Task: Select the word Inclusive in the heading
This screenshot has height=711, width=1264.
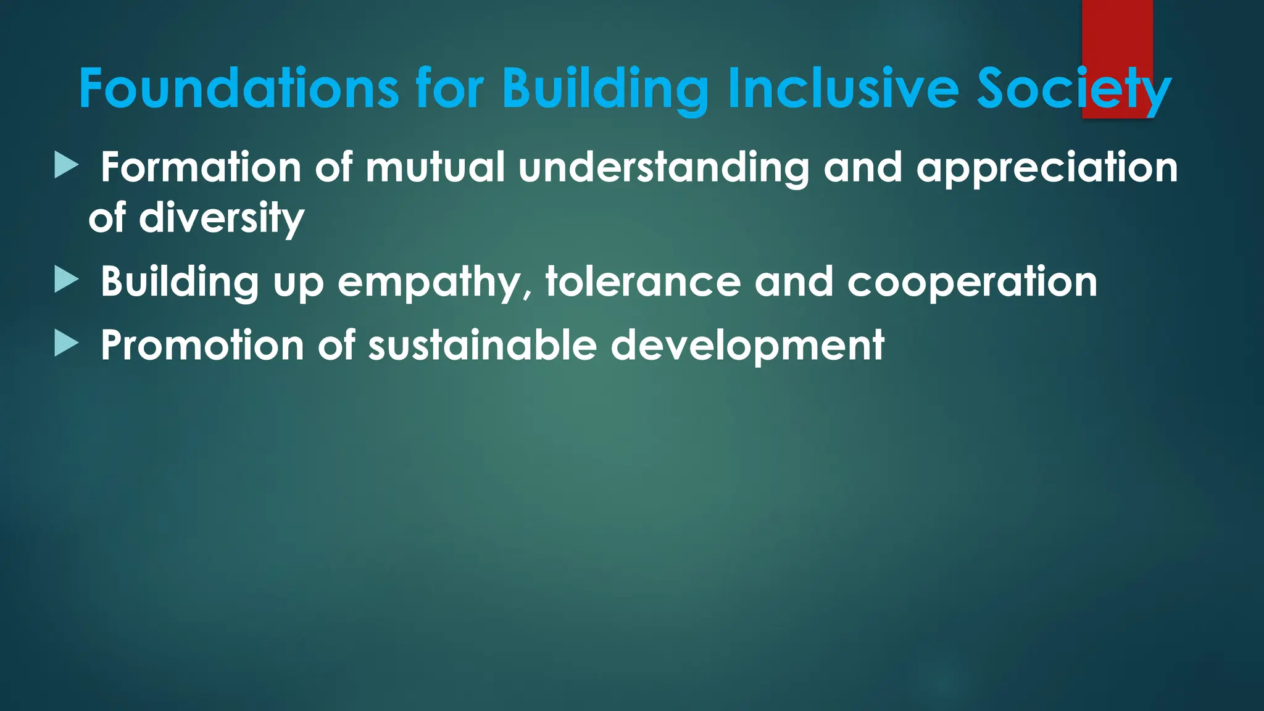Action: tap(843, 88)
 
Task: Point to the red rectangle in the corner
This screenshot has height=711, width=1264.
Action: tap(1117, 31)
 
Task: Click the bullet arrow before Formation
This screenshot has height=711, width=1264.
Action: tap(66, 165)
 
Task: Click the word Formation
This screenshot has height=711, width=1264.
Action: tap(201, 167)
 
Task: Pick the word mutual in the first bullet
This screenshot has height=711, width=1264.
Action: tap(435, 167)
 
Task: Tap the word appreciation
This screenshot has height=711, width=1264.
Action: tap(1047, 168)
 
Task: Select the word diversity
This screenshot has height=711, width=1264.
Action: tap(221, 218)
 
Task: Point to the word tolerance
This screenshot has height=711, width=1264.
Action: tap(642, 281)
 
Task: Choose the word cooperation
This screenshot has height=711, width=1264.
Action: tap(972, 283)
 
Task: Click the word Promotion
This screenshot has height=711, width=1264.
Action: tap(202, 345)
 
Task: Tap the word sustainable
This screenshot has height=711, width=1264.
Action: tap(482, 345)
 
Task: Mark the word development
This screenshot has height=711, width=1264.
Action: tap(747, 346)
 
